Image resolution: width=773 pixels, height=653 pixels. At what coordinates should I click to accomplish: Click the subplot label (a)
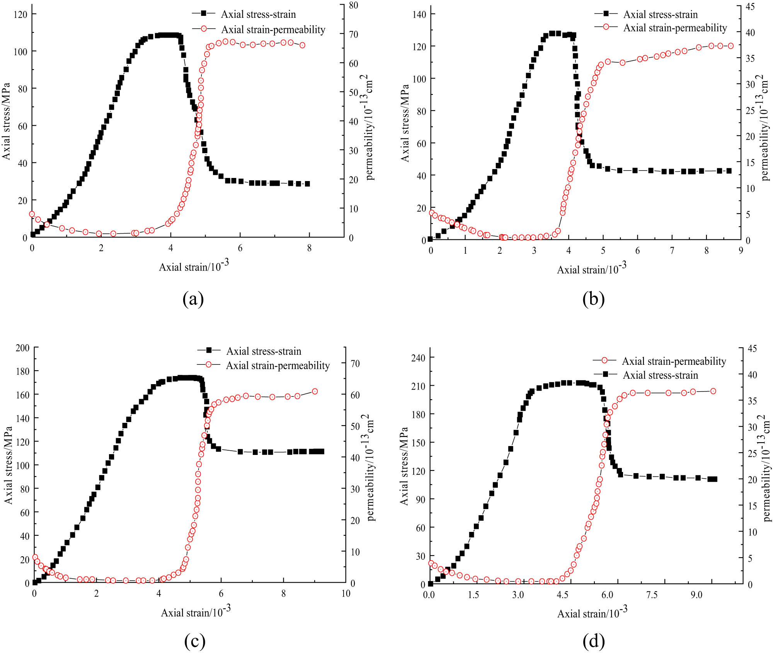[193, 299]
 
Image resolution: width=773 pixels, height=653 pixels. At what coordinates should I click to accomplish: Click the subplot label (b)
[593, 299]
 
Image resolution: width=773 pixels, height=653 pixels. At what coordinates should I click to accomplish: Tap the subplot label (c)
[194, 641]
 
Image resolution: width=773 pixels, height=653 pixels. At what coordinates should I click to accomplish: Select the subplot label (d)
[593, 641]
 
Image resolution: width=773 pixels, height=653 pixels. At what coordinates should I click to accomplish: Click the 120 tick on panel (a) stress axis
[20, 14]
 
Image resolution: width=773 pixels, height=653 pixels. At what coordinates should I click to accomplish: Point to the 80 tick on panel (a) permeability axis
[353, 5]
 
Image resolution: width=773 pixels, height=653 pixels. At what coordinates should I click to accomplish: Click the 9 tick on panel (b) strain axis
[741, 251]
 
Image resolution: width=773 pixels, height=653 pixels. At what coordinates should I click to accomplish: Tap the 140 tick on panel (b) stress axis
[419, 14]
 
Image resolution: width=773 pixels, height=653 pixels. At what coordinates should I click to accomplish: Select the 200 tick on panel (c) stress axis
[22, 348]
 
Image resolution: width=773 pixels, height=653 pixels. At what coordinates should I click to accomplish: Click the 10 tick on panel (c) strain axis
[346, 593]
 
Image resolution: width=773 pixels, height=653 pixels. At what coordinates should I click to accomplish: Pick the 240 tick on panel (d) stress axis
[418, 357]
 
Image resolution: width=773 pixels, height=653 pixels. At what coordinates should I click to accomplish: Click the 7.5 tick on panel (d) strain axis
[652, 595]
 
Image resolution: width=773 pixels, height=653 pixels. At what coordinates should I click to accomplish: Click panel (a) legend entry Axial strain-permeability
[273, 29]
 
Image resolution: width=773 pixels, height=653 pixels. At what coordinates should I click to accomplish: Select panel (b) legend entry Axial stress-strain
[660, 14]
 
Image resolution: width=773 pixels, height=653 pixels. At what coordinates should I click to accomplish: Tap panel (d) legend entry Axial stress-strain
[660, 375]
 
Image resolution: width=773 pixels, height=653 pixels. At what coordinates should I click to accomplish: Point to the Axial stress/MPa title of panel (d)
[404, 466]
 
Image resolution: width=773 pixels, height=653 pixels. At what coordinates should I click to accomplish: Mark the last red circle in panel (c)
[315, 391]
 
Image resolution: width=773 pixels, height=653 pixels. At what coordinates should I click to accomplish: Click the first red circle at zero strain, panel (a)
[32, 214]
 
